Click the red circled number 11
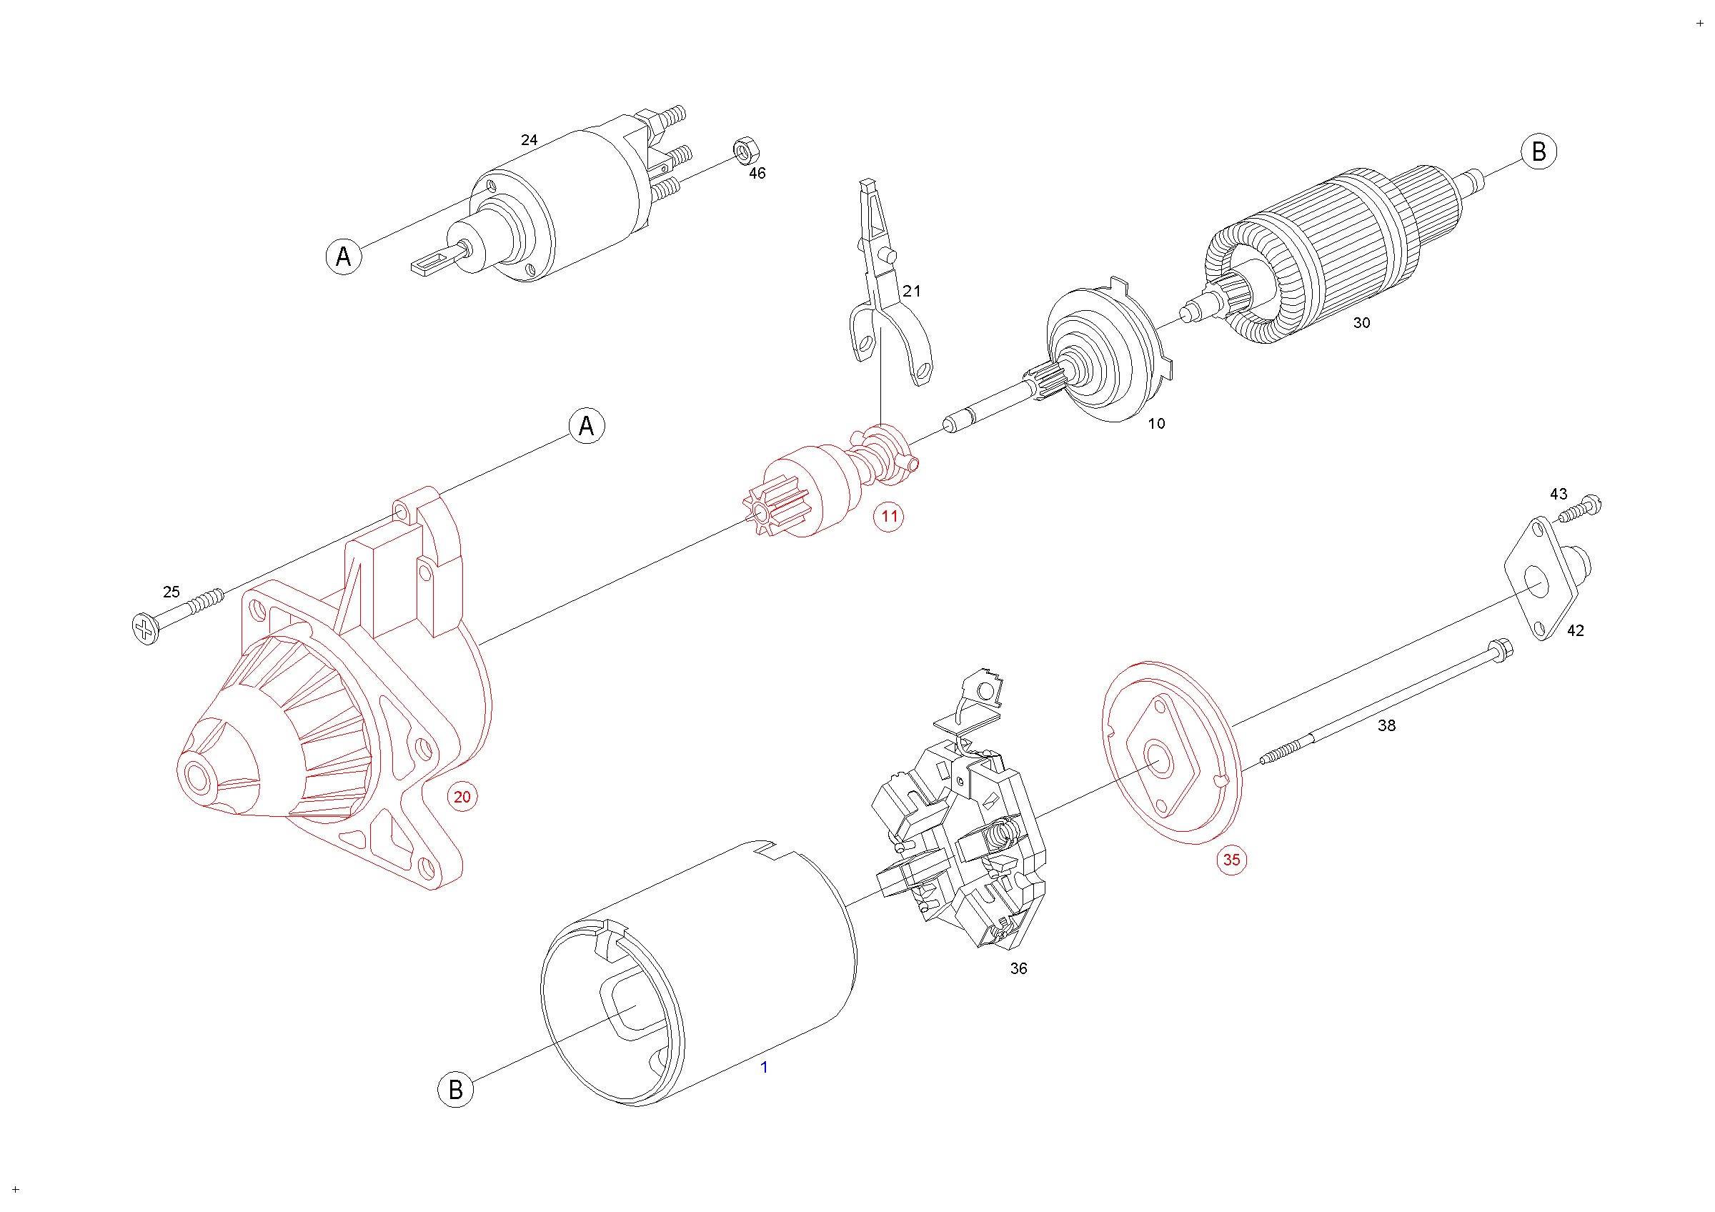888,516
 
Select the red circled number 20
462,797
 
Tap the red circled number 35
1231,860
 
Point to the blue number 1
763,1067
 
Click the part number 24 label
529,139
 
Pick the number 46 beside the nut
757,173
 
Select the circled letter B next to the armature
1538,151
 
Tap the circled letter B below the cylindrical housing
456,1090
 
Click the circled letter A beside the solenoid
344,257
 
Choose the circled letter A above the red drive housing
587,426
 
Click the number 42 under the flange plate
1576,631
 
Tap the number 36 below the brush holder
1018,968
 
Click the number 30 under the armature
1362,322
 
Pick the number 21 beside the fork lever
911,292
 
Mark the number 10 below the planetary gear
1156,424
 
